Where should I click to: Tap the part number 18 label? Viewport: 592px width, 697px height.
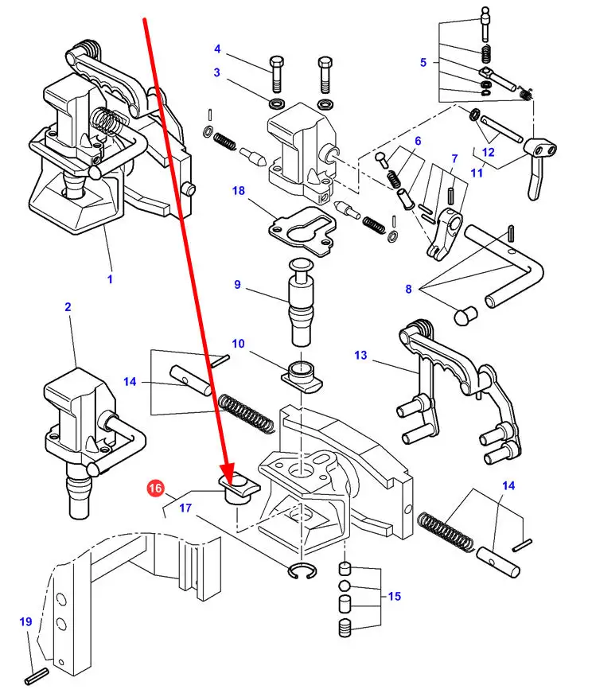[x=237, y=191]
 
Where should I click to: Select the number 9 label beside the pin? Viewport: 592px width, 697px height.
[x=237, y=284]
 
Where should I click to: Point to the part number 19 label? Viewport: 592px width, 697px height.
[x=25, y=622]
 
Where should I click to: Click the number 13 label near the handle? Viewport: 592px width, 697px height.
[x=361, y=355]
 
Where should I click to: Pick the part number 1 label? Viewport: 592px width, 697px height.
[x=110, y=279]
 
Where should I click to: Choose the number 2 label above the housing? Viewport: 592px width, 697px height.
[x=68, y=307]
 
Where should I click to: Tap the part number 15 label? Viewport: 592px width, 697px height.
[x=393, y=597]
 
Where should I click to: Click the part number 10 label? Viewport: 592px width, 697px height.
[x=238, y=343]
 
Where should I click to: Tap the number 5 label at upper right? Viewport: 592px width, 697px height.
[x=423, y=61]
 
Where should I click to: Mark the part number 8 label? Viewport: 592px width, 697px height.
[x=408, y=290]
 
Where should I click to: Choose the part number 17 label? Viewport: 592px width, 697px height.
[x=185, y=506]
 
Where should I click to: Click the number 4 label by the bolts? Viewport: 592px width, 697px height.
[x=216, y=49]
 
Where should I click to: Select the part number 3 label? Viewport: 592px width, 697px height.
[x=216, y=73]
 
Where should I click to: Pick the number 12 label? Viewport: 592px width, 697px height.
[x=489, y=153]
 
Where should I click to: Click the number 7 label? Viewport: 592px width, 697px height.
[x=454, y=158]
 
